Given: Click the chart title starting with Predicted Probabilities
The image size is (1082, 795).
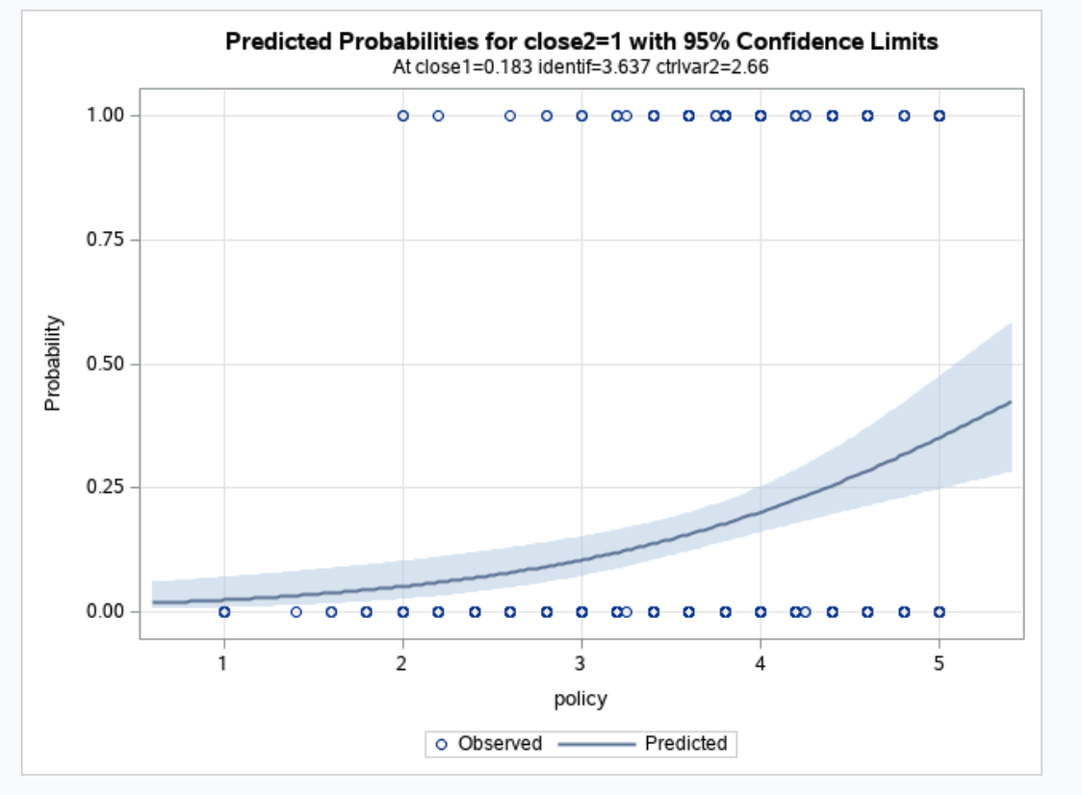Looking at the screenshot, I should click(580, 41).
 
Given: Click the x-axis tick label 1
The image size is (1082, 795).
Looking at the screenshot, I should click(223, 663).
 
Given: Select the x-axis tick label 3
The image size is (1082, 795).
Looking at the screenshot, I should click(580, 663).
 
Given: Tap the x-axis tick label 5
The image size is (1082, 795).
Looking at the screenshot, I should click(939, 663).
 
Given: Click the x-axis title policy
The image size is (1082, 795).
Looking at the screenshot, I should click(580, 699).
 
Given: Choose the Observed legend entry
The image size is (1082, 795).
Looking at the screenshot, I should click(489, 744).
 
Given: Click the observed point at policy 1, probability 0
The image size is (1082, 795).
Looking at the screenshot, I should click(224, 611).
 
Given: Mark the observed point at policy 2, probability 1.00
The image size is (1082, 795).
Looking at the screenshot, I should click(402, 115).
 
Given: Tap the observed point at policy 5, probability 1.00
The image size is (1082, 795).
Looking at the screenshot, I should click(939, 115).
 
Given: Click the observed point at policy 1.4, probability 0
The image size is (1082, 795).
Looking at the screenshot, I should click(296, 611).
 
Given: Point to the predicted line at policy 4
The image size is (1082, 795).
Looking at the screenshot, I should click(760, 512).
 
